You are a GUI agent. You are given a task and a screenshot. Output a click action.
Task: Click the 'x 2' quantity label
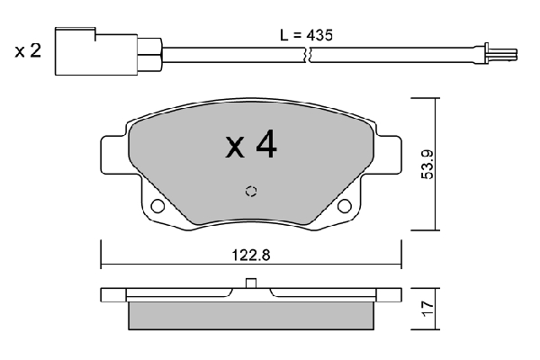tap(28, 51)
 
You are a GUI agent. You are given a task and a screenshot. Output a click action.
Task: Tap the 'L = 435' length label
tap(306, 35)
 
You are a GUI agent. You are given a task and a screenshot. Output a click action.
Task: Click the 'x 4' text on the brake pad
tap(251, 144)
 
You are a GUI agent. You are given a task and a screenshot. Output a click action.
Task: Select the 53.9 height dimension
tap(428, 165)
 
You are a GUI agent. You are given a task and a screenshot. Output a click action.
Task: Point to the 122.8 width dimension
tap(251, 256)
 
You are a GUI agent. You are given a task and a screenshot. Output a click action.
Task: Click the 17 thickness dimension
tap(428, 309)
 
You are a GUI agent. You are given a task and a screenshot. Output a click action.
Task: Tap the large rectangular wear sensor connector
tap(96, 51)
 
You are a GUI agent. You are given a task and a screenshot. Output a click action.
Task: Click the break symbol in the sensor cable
tap(308, 55)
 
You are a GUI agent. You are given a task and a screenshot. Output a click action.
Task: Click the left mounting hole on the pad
tap(157, 206)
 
